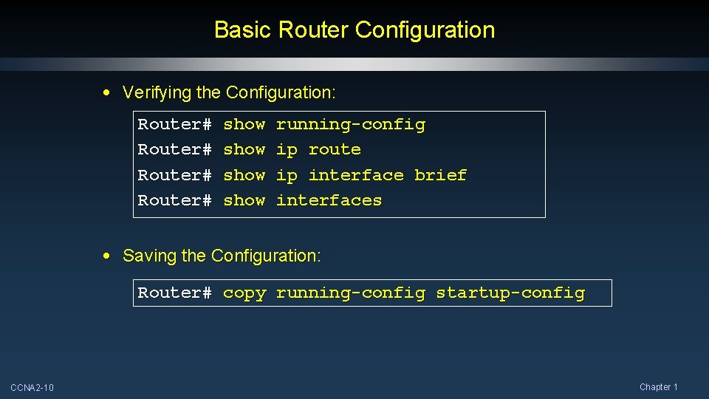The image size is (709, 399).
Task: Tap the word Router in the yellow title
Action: [x=314, y=30]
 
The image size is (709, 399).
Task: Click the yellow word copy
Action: [x=244, y=293]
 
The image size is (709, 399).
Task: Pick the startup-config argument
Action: [x=510, y=293]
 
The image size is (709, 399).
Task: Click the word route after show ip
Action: [x=335, y=149]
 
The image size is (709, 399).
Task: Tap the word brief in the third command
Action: [x=440, y=175]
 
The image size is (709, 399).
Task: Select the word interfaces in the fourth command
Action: [x=329, y=200]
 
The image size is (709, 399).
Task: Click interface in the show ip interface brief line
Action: [x=356, y=175]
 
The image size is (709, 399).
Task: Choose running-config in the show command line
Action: [x=350, y=125]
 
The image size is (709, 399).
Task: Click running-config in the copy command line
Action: [x=350, y=293]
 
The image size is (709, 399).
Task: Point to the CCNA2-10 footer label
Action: [x=32, y=388]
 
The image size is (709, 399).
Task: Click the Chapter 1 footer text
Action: [x=658, y=387]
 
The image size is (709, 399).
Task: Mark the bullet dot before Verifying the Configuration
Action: [x=108, y=93]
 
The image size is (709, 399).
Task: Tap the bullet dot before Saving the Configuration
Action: [x=108, y=256]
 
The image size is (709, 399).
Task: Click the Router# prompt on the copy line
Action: [x=175, y=293]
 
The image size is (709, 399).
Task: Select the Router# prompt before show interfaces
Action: [x=175, y=200]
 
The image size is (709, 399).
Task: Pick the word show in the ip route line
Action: [x=244, y=149]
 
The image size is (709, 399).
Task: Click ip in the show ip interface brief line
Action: [x=287, y=176]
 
